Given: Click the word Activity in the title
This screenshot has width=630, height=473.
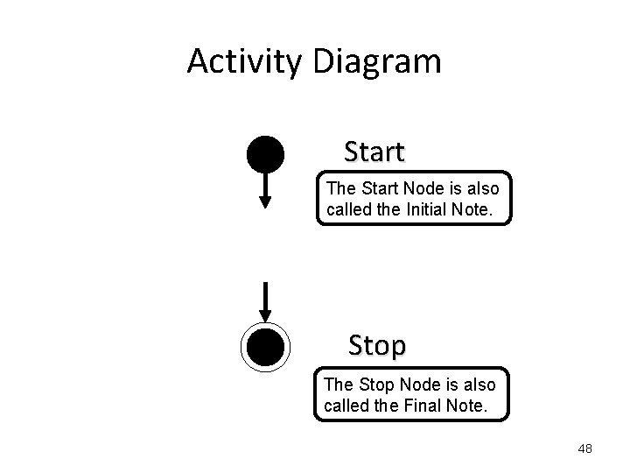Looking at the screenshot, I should pos(244,62).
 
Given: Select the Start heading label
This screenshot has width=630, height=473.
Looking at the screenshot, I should pos(374,152).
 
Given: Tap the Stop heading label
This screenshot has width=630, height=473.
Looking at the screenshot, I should pos(377,345).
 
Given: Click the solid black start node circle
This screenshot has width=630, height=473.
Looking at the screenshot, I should pos(265,156).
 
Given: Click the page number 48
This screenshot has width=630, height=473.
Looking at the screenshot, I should pos(585,448).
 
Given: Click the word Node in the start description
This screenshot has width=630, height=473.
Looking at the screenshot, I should pos(409,188).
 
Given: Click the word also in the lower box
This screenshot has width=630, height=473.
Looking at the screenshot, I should pos(476,385).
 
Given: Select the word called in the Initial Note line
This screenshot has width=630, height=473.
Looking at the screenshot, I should pos(349,210).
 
